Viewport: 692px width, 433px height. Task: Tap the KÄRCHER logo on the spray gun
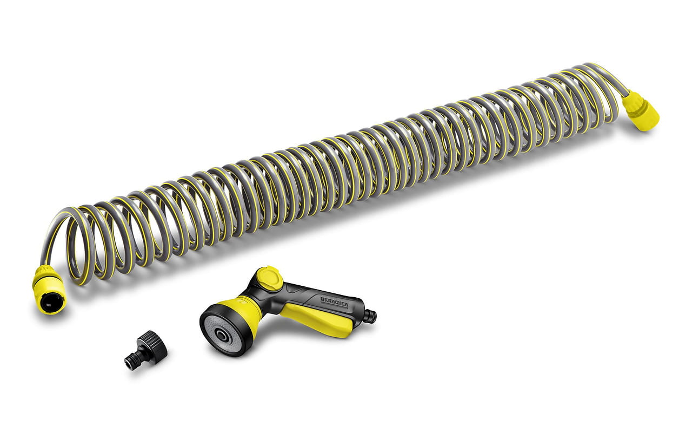click(334, 303)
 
